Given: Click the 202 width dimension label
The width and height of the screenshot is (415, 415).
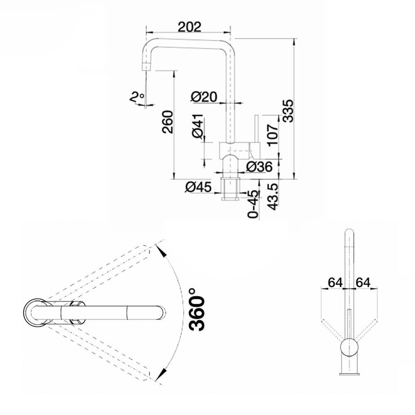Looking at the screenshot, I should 189,27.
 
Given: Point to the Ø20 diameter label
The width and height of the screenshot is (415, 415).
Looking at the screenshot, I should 204,97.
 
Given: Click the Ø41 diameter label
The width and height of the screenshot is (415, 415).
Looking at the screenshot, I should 198,127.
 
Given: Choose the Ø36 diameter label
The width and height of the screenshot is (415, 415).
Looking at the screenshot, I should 259,167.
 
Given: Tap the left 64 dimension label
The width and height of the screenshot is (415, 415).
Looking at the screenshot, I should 335,282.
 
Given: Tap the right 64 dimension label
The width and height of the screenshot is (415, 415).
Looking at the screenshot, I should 363,282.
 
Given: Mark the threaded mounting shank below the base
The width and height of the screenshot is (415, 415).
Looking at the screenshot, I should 231,189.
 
